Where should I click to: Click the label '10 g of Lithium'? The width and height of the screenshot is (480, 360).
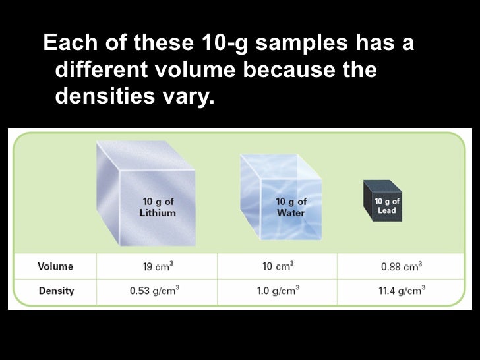click(158, 206)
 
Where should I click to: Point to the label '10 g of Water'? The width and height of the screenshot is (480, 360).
click(290, 206)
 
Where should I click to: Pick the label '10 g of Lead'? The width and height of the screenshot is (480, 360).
click(387, 205)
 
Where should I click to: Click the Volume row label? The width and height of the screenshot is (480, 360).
click(55, 267)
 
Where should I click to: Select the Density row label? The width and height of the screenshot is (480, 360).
click(56, 290)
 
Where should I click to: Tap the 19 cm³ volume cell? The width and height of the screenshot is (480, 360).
click(158, 267)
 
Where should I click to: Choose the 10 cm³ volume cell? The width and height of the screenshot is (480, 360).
click(278, 267)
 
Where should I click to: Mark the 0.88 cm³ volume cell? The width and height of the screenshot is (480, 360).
click(401, 267)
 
